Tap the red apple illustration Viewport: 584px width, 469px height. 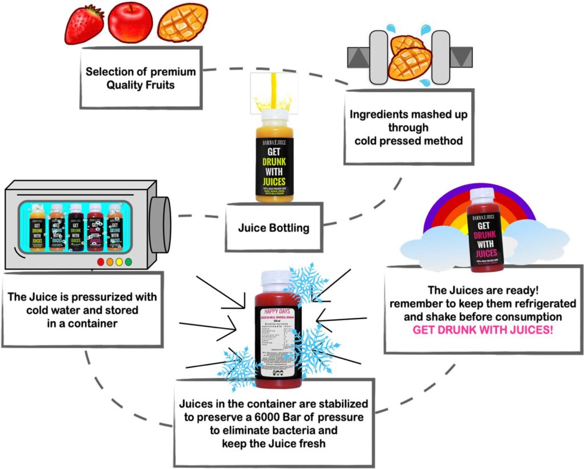(x=131, y=22)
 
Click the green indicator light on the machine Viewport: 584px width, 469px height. (x=128, y=262)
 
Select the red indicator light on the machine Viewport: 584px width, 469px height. (x=101, y=262)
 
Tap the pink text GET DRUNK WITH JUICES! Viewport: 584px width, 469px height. (x=482, y=330)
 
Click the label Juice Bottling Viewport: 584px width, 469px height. (x=274, y=228)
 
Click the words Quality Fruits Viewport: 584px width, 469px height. (x=140, y=86)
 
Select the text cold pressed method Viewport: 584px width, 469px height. (x=408, y=140)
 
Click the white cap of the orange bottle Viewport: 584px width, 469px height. (x=276, y=115)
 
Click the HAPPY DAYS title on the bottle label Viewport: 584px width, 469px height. (x=276, y=312)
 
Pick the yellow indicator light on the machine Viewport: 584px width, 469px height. (x=119, y=262)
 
